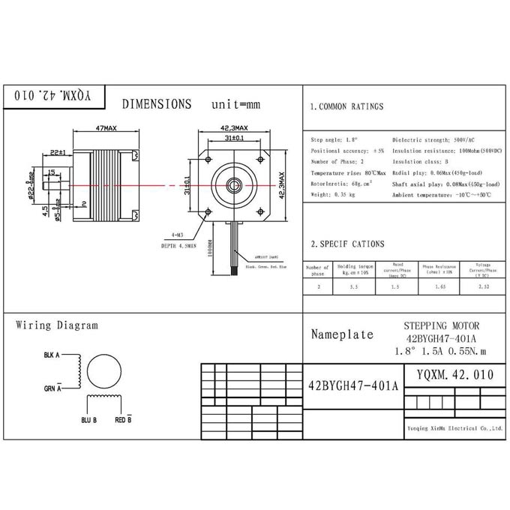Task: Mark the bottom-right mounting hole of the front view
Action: coord(262,211)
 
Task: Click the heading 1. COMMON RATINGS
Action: coord(346,107)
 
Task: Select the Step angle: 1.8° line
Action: coord(334,140)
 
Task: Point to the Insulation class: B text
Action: coord(421,161)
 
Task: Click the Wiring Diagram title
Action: coord(57,325)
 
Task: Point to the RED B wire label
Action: coord(123,420)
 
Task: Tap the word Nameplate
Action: coord(342,334)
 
